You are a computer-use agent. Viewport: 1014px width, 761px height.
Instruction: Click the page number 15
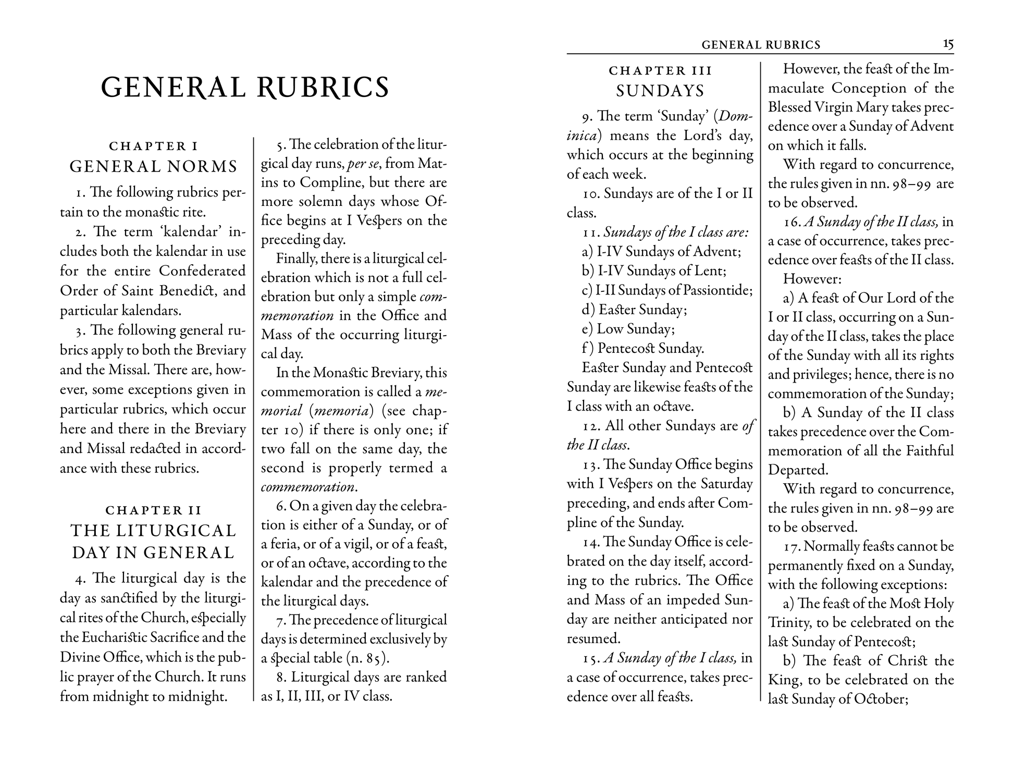(x=948, y=44)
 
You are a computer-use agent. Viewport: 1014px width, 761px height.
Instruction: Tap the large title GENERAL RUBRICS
(x=245, y=87)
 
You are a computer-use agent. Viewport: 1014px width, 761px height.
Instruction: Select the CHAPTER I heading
(x=154, y=146)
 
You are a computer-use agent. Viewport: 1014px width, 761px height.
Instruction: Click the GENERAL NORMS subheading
(x=154, y=167)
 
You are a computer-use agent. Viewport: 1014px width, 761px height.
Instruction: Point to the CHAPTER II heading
(x=154, y=510)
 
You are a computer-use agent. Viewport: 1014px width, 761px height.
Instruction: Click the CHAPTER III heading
(x=660, y=70)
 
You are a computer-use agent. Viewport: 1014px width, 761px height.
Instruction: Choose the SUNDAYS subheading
(x=660, y=91)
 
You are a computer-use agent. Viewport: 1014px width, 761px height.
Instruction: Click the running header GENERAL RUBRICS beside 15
(x=761, y=45)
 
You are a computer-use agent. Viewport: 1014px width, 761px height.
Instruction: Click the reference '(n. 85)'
(x=367, y=658)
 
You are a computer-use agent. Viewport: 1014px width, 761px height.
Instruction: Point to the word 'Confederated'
(x=202, y=271)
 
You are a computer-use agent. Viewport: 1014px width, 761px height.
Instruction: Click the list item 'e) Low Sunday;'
(x=628, y=329)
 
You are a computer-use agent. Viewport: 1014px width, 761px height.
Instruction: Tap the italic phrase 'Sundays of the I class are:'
(x=676, y=232)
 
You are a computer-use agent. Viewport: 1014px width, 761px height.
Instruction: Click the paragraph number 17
(x=792, y=547)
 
